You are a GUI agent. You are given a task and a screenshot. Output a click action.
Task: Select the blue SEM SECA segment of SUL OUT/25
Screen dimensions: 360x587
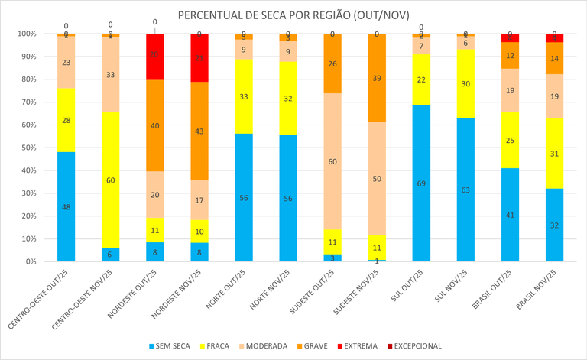(421, 183)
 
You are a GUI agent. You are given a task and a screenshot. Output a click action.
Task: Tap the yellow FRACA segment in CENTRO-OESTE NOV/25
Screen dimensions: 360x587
(111, 180)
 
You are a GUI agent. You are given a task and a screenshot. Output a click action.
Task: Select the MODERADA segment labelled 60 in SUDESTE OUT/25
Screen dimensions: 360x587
(332, 161)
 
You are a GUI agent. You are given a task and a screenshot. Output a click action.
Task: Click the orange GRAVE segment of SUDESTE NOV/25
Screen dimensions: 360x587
(377, 78)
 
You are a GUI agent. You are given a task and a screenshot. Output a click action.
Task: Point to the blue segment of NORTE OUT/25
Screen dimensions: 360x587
(244, 197)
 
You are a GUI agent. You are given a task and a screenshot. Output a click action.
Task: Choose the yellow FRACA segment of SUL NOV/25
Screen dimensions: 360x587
(465, 83)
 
